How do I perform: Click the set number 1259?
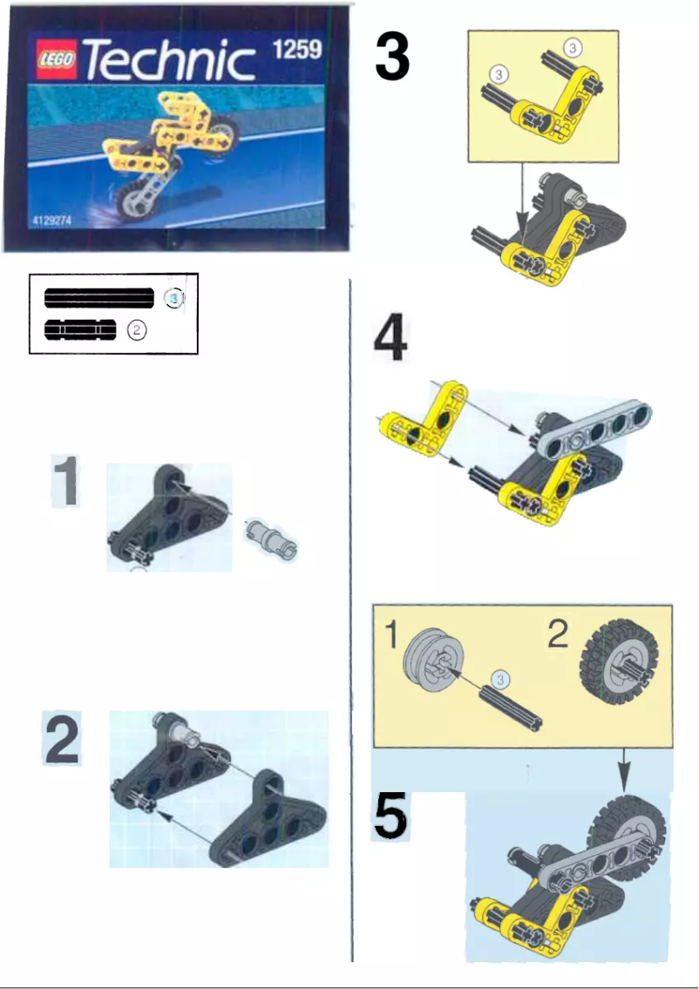[x=297, y=50]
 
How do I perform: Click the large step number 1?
[x=65, y=480]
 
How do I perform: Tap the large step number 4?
[x=390, y=339]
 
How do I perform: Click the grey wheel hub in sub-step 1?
[x=432, y=660]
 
